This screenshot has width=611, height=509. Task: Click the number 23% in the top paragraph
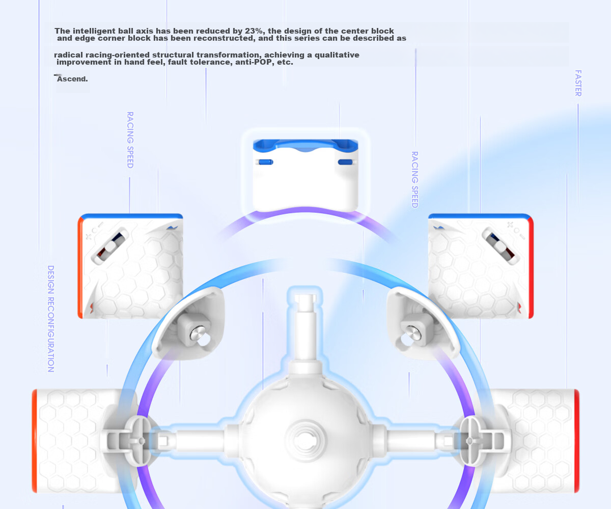(x=254, y=31)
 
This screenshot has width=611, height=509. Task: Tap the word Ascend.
(x=72, y=79)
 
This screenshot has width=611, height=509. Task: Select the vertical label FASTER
(x=578, y=83)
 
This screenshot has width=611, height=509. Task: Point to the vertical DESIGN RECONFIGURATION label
(x=51, y=319)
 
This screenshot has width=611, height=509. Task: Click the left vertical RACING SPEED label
(x=130, y=140)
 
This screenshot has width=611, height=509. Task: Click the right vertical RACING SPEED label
(x=415, y=180)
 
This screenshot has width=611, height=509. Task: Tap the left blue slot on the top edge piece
(x=266, y=162)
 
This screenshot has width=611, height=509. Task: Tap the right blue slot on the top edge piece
(x=345, y=162)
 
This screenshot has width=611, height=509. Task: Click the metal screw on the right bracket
(x=413, y=332)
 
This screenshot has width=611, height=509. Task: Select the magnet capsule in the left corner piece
(x=110, y=246)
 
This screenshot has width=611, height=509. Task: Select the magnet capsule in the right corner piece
(x=501, y=246)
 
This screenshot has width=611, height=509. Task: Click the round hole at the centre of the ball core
(x=305, y=440)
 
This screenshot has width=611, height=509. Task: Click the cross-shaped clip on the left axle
(x=142, y=441)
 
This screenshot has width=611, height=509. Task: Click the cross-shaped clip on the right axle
(x=470, y=441)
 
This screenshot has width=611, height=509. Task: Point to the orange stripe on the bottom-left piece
(x=35, y=441)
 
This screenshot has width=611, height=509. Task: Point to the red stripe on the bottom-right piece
(x=576, y=441)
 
